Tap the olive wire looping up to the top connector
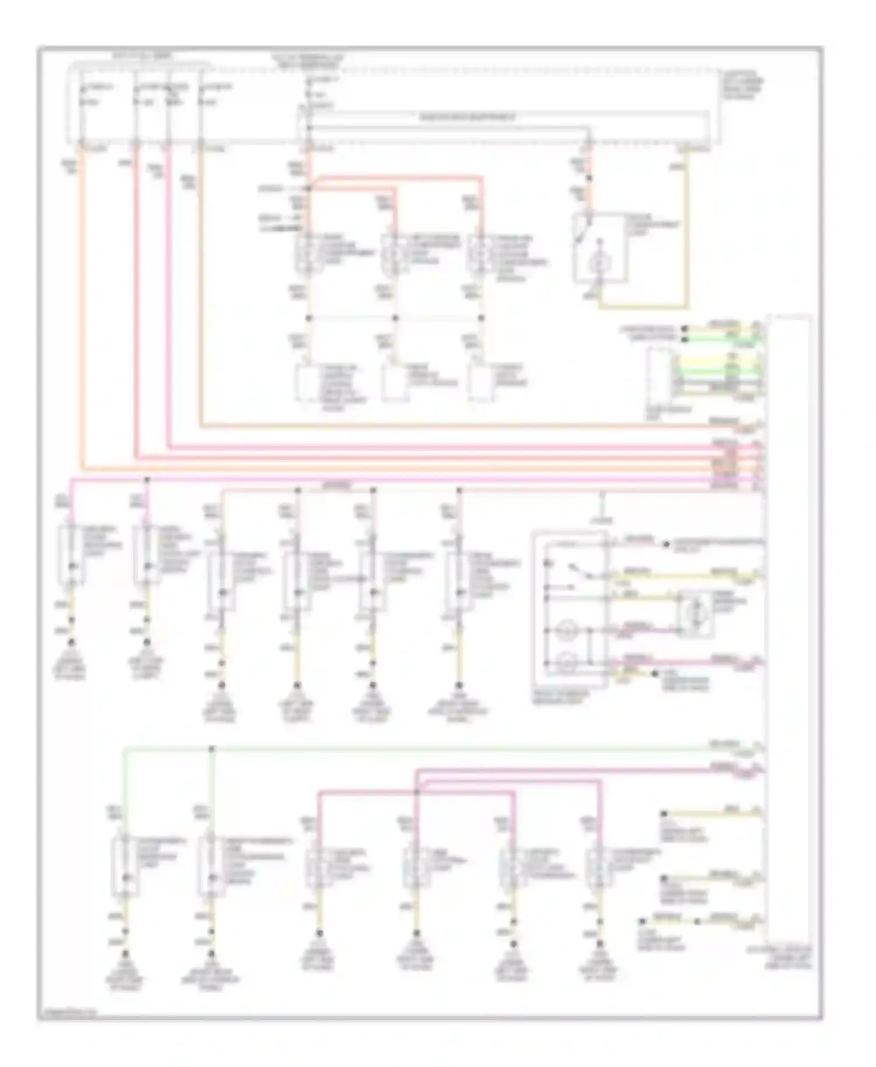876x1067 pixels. tap(686, 233)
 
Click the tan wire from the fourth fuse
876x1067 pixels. tap(201, 292)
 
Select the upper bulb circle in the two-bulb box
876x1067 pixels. tap(565, 630)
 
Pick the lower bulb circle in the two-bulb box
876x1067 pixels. tap(565, 662)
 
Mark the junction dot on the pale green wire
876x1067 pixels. tap(211, 748)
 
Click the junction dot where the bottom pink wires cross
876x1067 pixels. tap(416, 792)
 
